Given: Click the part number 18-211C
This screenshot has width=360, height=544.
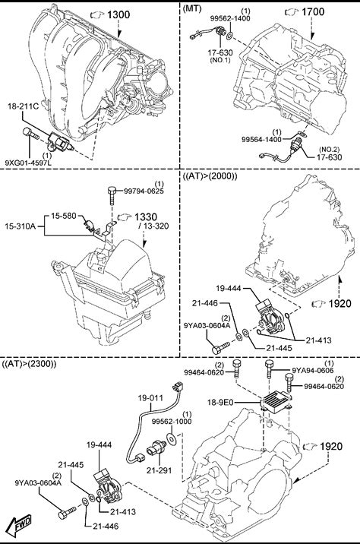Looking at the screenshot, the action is point(24,106).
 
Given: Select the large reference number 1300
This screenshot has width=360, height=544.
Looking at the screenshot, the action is point(118,14).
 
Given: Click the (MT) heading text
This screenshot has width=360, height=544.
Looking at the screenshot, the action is point(192,8).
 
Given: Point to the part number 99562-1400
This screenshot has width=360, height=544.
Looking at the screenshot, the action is point(230,19).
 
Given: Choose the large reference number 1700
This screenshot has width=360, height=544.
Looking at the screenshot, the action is point(313,12).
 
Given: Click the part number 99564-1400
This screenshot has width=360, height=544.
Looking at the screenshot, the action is point(261,140).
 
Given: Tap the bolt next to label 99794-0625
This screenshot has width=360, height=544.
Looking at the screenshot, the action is point(112,196).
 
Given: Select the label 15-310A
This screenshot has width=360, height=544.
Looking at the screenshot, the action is point(20,226).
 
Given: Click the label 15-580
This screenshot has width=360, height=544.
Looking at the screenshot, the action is point(64,216).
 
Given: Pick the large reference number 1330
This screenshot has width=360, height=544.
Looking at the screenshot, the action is point(146,217).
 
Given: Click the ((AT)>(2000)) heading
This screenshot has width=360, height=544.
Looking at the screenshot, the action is point(210,176).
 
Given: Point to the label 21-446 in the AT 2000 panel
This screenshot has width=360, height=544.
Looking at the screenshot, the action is point(205,303).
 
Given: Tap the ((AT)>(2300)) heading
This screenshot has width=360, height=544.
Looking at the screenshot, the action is point(29,364).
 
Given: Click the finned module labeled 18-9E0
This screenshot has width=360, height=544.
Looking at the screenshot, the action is point(276,402).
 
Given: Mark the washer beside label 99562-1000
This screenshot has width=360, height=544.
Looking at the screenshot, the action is point(172,438).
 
